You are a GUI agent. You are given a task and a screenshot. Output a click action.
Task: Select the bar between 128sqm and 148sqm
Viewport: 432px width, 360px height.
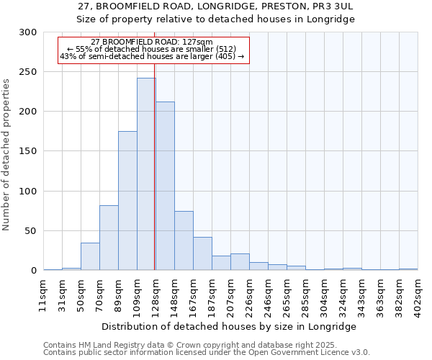165,186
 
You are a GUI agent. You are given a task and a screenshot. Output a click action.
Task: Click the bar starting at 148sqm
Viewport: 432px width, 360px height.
184,240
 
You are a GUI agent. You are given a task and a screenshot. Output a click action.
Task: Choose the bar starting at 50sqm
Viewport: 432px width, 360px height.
90,256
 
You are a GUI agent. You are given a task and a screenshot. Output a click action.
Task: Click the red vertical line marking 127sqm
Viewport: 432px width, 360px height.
155,166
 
